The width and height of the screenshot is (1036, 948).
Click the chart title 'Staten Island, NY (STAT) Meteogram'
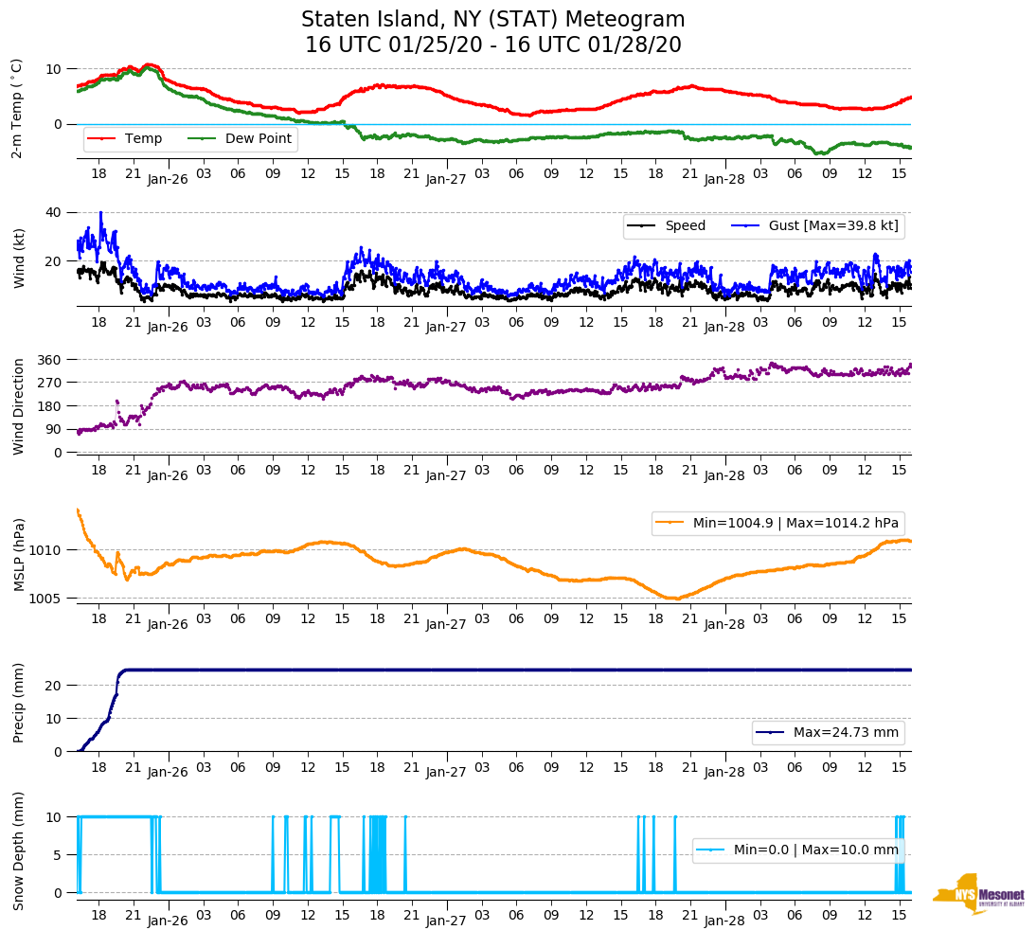[492, 20]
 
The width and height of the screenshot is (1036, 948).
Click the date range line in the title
[492, 45]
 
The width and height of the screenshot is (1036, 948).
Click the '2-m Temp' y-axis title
[17, 108]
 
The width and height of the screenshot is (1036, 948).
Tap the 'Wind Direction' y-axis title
[18, 406]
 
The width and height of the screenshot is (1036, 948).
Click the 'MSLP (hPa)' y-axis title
[18, 555]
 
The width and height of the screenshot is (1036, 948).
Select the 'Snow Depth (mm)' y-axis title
[18, 850]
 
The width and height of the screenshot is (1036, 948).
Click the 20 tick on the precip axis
[55, 685]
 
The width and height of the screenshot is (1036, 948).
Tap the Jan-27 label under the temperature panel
[446, 179]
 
